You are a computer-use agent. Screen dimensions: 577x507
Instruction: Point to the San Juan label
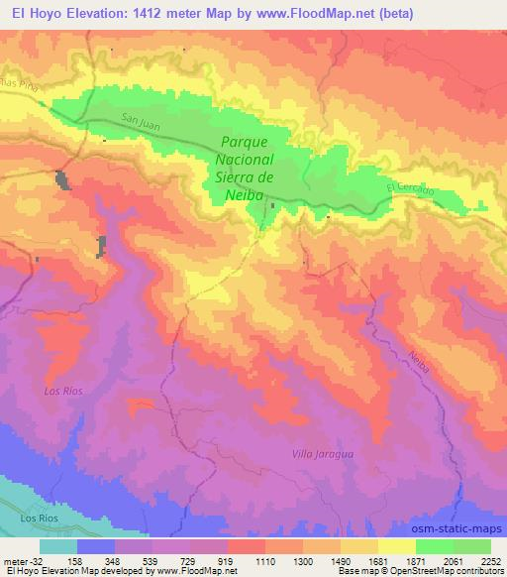click(x=141, y=120)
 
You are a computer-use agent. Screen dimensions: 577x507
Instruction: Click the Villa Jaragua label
click(x=323, y=453)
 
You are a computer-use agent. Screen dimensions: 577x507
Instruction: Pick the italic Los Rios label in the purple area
click(x=62, y=392)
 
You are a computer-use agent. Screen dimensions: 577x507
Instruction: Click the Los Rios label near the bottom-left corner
click(x=41, y=519)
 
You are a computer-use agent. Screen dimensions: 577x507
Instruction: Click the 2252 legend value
click(x=492, y=560)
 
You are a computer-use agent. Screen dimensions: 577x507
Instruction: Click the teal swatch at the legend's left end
click(x=58, y=546)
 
